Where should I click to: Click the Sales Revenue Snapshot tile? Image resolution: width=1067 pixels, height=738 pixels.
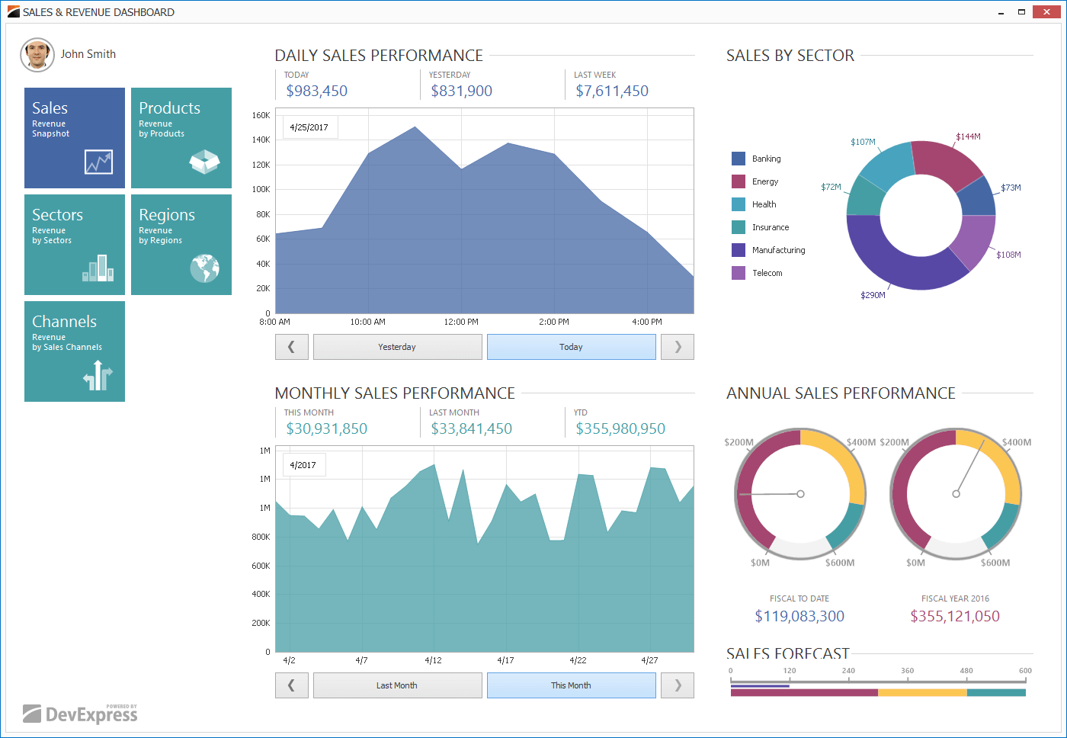[x=75, y=138]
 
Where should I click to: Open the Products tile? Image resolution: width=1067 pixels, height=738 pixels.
[x=181, y=138]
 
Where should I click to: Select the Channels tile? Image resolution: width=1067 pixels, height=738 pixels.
[x=75, y=351]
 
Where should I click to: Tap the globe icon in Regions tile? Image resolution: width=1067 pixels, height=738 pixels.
[x=204, y=268]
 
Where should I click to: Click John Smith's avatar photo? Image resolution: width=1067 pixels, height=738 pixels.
[x=37, y=55]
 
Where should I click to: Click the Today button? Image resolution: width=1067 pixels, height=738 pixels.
[x=571, y=347]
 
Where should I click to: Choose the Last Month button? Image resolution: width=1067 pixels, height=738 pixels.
[x=397, y=685]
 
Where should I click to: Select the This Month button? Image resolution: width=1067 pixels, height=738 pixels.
[x=571, y=685]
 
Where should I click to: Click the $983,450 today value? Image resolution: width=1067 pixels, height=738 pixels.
[x=316, y=91]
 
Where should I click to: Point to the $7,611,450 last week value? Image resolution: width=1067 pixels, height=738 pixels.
[x=612, y=91]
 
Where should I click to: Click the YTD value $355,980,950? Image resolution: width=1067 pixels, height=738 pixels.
[x=620, y=428]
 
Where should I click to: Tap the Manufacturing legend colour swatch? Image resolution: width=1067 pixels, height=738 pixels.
[x=739, y=250]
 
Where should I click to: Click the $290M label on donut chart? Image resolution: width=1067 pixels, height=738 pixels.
[x=873, y=295]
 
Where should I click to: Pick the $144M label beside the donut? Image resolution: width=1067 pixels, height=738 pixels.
[x=968, y=136]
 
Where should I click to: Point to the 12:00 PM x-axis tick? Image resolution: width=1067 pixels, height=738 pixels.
[x=461, y=322]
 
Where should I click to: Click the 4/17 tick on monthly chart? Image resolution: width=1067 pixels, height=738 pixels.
[x=505, y=660]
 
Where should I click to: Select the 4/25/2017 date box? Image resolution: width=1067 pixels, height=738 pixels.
[x=309, y=127]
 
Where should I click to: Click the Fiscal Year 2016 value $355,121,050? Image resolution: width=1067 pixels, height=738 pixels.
[x=955, y=616]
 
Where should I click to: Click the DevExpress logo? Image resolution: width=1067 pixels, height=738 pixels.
[x=81, y=714]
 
